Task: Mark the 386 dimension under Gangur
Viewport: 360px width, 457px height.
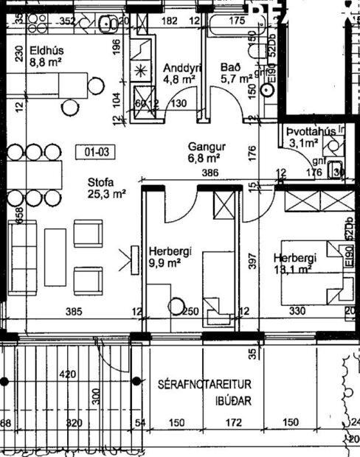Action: pyautogui.click(x=211, y=172)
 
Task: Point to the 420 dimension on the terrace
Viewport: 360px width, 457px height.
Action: pyautogui.click(x=68, y=375)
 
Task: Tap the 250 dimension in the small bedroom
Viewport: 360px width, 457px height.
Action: pyautogui.click(x=190, y=312)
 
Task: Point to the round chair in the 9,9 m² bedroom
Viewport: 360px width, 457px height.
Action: pyautogui.click(x=177, y=304)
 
